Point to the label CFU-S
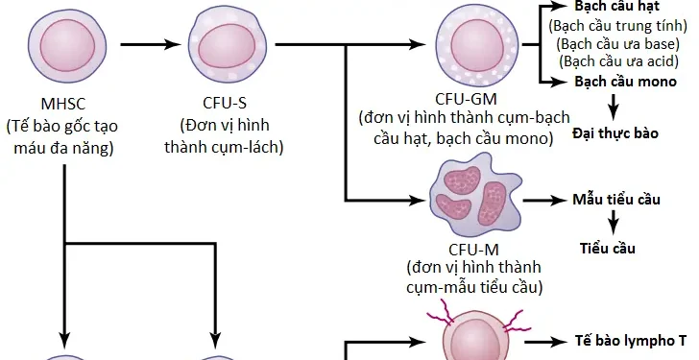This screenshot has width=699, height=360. click(x=224, y=103)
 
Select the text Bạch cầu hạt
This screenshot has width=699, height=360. click(x=616, y=7)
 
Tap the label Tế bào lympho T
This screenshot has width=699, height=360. click(x=631, y=341)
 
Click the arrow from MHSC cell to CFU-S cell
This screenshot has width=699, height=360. click(x=144, y=43)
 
